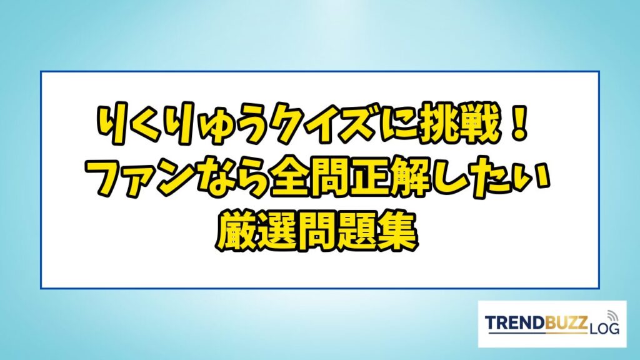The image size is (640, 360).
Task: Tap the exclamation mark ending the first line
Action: [520, 124]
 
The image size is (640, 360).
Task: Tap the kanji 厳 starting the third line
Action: [236, 232]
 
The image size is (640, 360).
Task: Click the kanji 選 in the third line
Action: [277, 232]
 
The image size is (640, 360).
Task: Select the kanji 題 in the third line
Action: [358, 232]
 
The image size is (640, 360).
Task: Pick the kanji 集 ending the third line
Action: [399, 232]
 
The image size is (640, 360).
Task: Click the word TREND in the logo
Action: [515, 323]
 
